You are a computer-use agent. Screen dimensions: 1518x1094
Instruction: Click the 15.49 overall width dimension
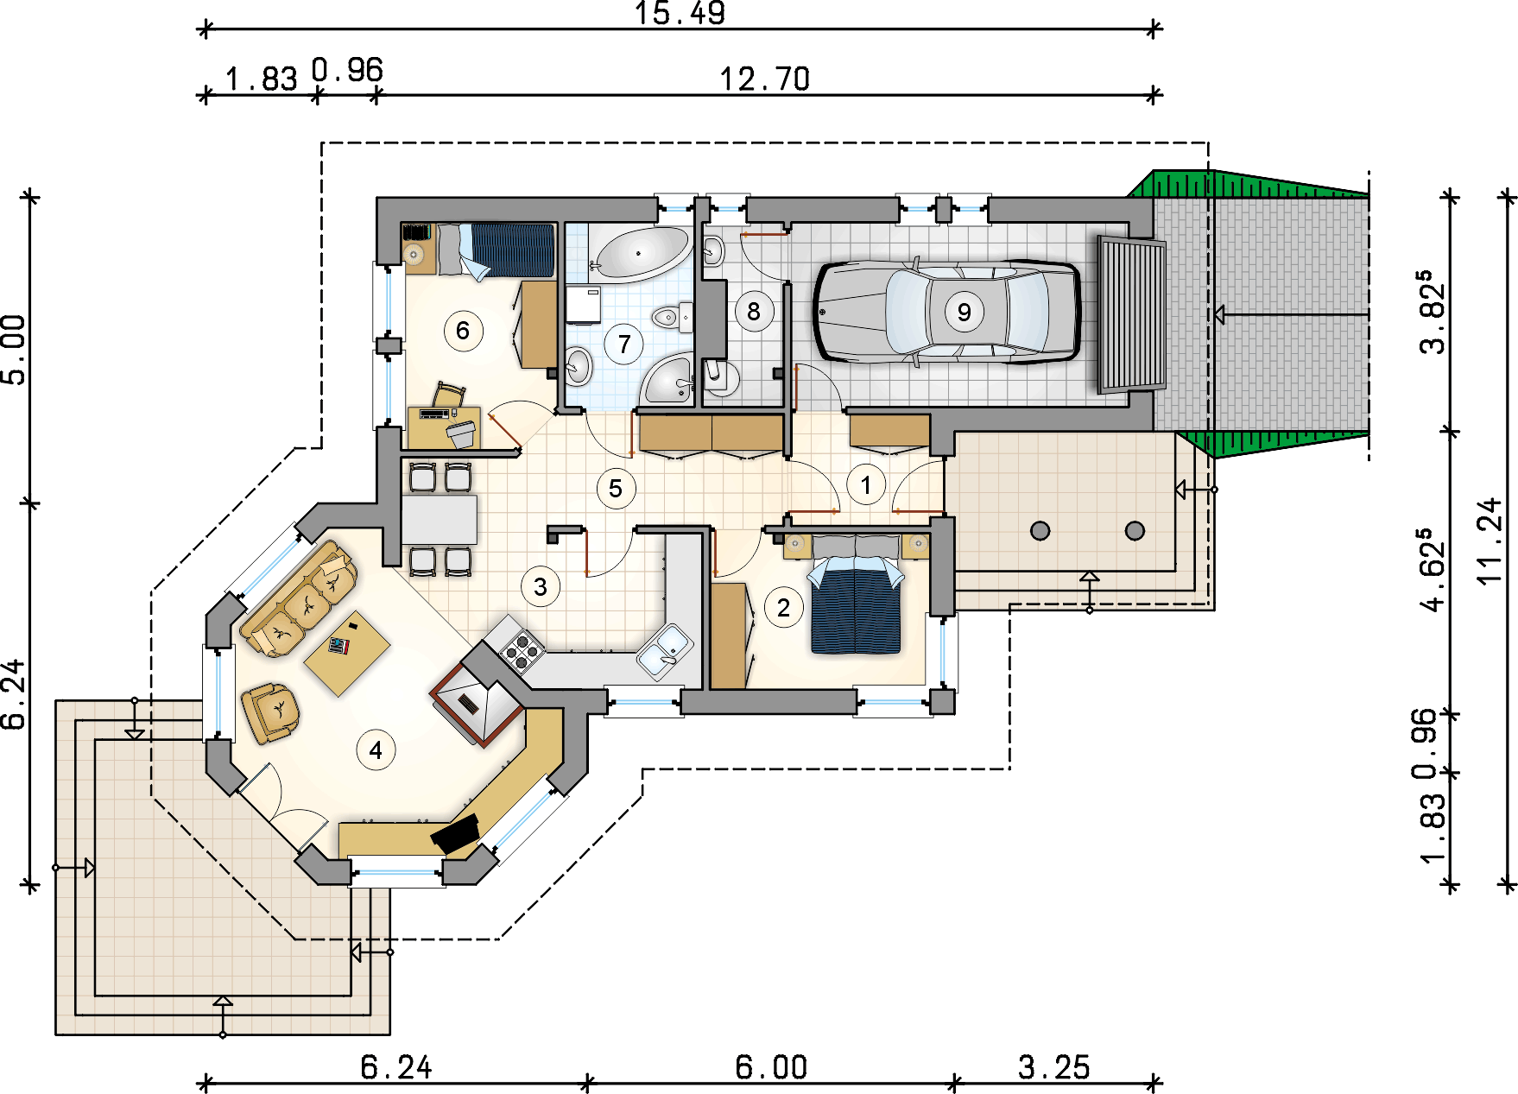[680, 13]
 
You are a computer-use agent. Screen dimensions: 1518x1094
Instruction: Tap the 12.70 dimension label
[765, 79]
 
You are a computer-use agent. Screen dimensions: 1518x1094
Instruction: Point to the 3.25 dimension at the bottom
[1053, 1068]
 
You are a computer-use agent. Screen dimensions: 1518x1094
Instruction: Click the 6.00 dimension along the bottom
[771, 1068]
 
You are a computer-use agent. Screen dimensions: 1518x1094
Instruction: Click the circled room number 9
[964, 312]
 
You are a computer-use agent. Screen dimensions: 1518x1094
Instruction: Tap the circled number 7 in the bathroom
[624, 345]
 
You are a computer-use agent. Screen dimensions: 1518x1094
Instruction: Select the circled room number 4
[376, 750]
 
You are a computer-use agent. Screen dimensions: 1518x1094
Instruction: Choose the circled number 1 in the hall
[866, 484]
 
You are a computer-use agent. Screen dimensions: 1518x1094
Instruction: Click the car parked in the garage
[947, 311]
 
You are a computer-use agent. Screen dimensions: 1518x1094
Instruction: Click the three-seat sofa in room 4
[299, 598]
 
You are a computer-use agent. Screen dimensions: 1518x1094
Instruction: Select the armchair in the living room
[270, 712]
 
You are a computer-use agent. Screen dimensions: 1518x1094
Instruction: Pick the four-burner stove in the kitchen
[520, 649]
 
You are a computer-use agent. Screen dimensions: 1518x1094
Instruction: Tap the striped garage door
[1131, 315]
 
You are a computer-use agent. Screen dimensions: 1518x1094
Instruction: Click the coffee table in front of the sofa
[347, 653]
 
